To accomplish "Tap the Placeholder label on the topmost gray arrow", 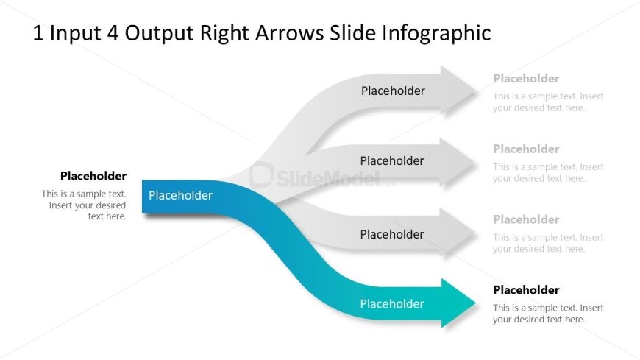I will pos(393,91).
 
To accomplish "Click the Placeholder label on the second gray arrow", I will pos(392,160).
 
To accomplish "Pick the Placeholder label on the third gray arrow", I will pos(392,234).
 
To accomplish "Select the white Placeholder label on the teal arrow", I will pos(392,303).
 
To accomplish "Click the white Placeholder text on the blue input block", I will pos(180,195).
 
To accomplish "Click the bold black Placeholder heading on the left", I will pos(93,176).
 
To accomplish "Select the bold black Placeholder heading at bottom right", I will pos(526,289).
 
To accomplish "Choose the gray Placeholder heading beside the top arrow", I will pos(526,78).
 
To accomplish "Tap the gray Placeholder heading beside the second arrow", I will pos(526,149).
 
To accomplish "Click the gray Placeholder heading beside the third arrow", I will pos(526,219).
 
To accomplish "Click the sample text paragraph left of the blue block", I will pos(85,205).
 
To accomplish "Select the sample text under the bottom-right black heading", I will pos(548,314).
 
